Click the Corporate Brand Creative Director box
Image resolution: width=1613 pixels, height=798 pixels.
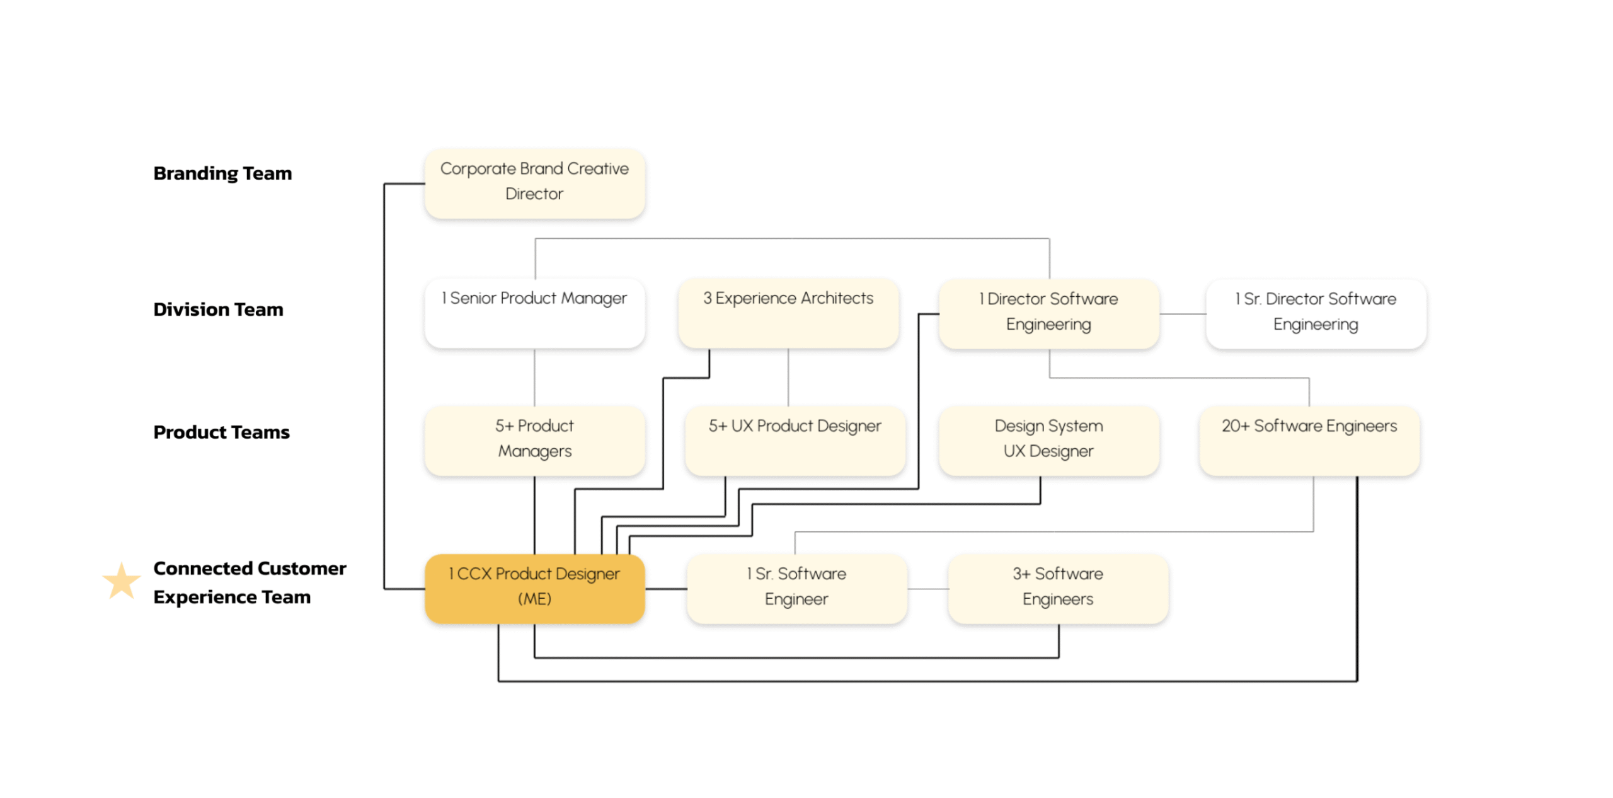coord(534,183)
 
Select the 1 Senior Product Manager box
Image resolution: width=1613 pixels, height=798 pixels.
coord(534,313)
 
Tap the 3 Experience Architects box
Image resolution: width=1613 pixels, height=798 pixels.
coord(788,313)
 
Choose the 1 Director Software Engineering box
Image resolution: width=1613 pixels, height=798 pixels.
coord(1048,313)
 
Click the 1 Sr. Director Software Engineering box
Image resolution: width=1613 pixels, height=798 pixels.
coord(1316,313)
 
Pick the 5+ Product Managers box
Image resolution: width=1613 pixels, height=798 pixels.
coord(534,441)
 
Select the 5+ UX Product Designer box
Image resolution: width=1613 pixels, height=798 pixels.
coord(795,441)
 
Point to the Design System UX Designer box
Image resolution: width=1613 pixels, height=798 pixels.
coord(1048,441)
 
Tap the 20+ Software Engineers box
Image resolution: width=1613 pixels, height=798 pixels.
coord(1309,441)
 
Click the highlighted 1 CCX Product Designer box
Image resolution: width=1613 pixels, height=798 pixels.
coord(534,589)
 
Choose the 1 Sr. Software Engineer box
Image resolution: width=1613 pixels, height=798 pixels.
coord(796,589)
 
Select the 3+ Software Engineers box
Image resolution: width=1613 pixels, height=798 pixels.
coord(1058,589)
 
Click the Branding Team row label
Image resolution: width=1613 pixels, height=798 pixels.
coord(222,173)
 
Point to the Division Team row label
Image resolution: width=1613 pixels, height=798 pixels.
coord(218,309)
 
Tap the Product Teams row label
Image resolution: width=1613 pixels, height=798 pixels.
coord(221,432)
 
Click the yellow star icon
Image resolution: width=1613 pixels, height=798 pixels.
coord(121,581)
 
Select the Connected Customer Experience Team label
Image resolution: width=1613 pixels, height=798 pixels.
coord(250,582)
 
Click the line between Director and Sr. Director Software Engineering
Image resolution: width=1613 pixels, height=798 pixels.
coord(1183,314)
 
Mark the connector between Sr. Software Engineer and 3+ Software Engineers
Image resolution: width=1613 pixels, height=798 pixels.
coord(927,589)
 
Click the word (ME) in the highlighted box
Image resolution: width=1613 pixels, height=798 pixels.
coord(534,599)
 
